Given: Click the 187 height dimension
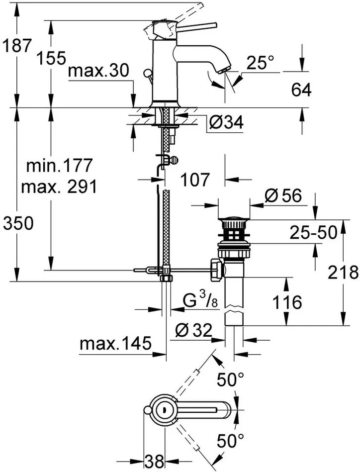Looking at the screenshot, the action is [x=16, y=46].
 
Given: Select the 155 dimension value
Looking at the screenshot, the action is [x=51, y=58].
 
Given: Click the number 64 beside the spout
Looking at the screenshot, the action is [x=301, y=90].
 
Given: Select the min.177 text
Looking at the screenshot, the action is [x=59, y=165].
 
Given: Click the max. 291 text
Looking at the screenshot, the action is [x=59, y=187].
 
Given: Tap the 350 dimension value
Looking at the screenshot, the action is [x=17, y=224].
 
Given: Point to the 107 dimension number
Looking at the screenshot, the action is [x=195, y=180].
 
